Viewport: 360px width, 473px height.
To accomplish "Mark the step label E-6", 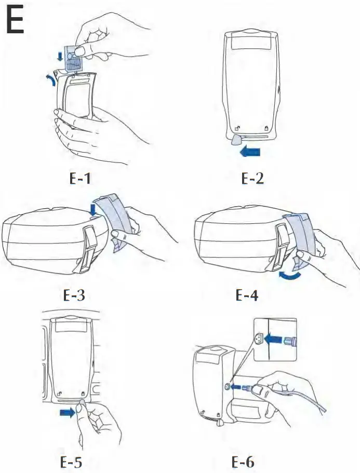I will click(244, 461).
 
